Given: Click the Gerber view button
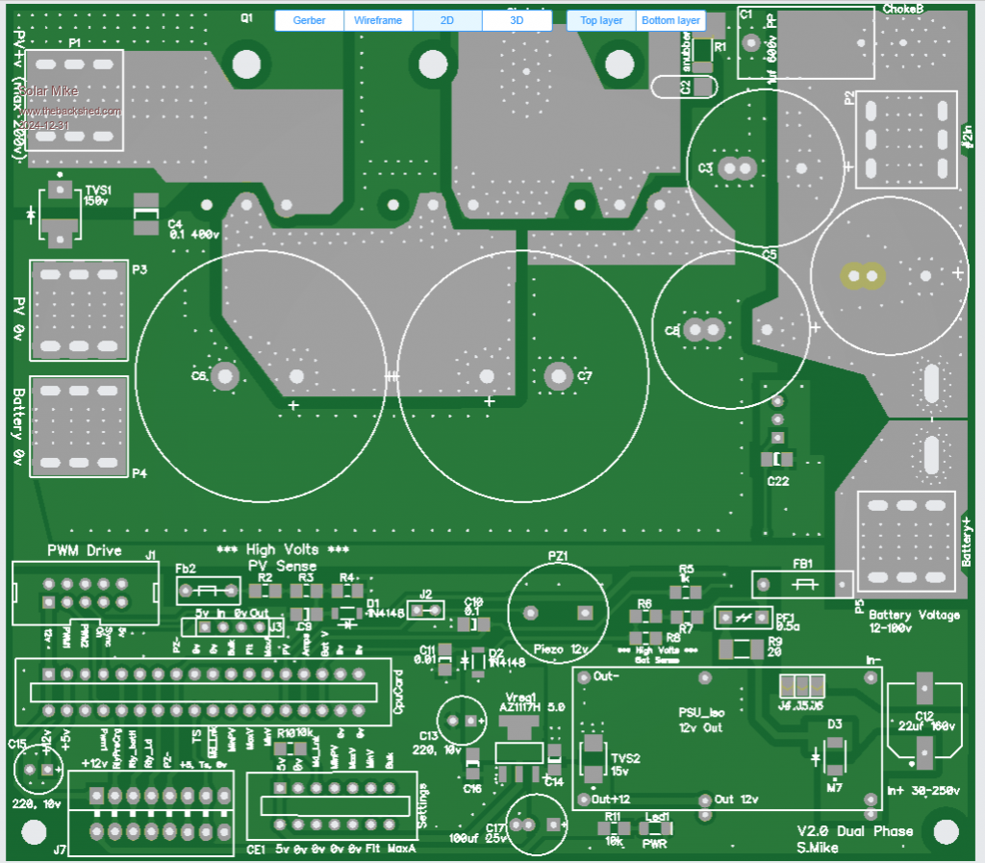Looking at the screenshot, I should pos(309,20).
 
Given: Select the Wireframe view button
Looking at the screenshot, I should pos(378,20).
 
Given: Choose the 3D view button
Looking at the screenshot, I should pos(517,20).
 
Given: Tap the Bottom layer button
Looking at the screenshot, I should pos(670,20).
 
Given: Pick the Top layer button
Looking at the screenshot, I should pos(601,20).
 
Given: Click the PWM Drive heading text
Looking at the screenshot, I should pos(85,550).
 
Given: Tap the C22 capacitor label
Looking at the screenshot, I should pos(778,481).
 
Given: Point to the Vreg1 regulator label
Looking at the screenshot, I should pos(520,697).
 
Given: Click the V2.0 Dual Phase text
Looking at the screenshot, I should pos(854,831).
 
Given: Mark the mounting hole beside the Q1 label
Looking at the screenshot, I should pos(247,63).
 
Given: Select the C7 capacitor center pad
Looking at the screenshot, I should pos(556,375).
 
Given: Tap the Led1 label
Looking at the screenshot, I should pos(657,817).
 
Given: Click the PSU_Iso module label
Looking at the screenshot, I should pos(701,712).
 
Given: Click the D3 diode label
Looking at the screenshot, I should pos(835,723).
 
